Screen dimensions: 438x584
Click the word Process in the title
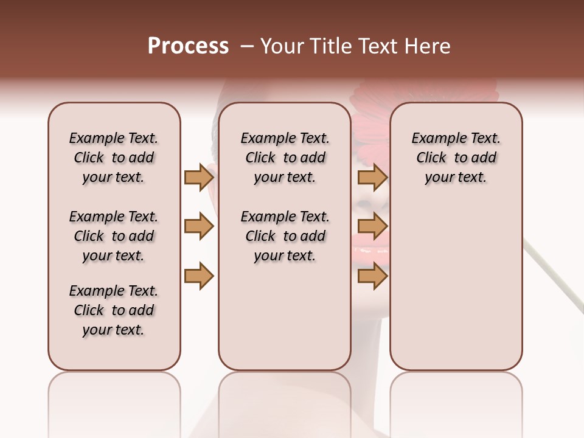click(x=188, y=46)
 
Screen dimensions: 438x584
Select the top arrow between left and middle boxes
click(x=199, y=178)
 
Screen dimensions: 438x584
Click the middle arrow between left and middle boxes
click(x=199, y=227)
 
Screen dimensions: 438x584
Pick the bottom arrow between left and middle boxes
click(x=199, y=276)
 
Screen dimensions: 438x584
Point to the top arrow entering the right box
click(x=372, y=178)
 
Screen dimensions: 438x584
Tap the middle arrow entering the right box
click(x=372, y=227)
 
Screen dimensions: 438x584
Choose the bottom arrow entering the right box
click(x=372, y=276)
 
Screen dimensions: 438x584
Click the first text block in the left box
click(x=114, y=158)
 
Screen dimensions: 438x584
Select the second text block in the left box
click(x=114, y=236)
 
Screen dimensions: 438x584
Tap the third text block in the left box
click(x=114, y=310)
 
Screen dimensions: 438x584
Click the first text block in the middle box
click(x=285, y=158)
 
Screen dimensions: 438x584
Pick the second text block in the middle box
click(x=285, y=236)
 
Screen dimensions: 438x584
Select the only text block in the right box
click(x=456, y=158)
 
